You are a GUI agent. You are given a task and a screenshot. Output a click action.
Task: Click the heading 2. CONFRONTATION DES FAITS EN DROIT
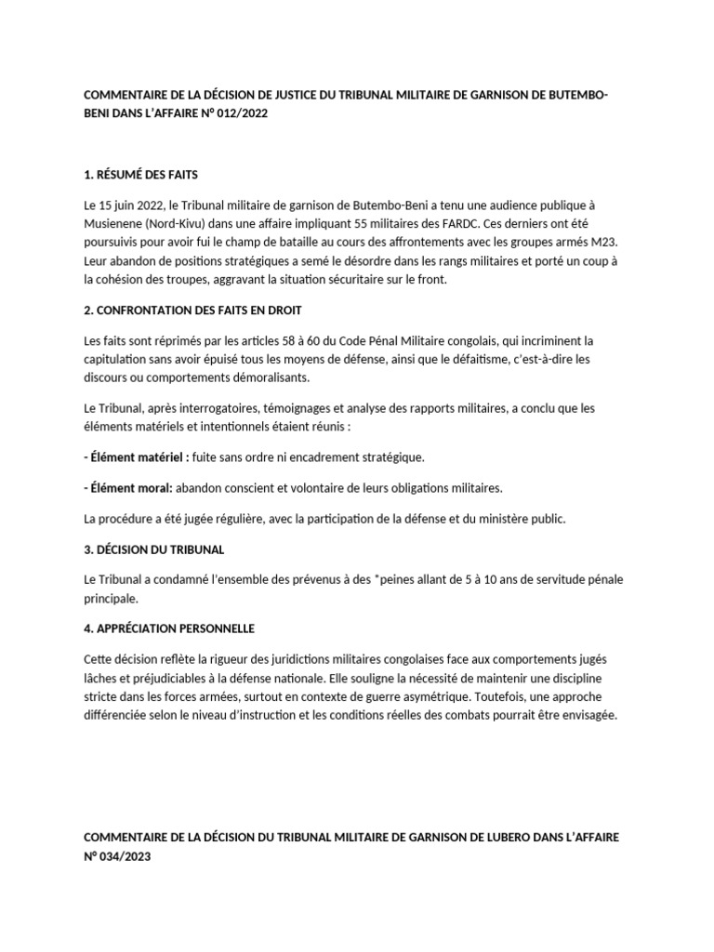[192, 310]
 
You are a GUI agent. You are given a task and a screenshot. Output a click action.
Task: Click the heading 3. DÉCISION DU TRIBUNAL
[153, 549]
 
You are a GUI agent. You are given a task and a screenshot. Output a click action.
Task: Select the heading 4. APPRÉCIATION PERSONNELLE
[169, 628]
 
